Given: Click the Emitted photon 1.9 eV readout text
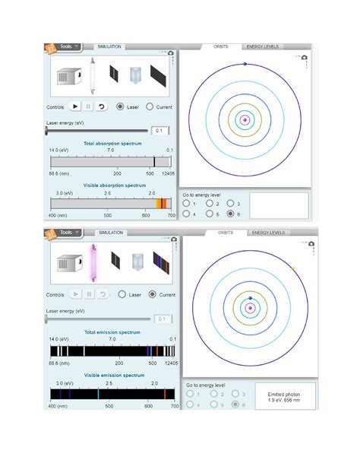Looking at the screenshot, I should click(x=279, y=398).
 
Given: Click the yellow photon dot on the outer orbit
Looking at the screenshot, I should click(x=292, y=268).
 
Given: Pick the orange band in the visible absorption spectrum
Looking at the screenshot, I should click(x=161, y=203).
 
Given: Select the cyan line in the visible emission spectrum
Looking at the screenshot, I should click(x=98, y=393).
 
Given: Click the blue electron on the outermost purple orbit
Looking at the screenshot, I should click(x=245, y=64).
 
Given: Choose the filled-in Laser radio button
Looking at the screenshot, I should click(x=120, y=107).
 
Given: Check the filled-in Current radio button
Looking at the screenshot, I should click(x=152, y=294).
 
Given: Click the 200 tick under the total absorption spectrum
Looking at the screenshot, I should click(x=118, y=174).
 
